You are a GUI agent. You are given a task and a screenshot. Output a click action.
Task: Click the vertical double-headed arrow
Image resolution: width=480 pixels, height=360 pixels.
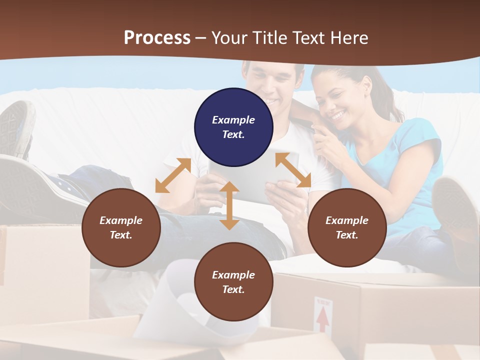pyautogui.click(x=229, y=205)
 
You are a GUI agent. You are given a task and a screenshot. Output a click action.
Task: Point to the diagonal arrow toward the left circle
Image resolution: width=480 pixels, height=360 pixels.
pyautogui.click(x=173, y=175)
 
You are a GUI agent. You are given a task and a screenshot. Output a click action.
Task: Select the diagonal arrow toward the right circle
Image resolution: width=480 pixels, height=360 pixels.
pyautogui.click(x=293, y=170)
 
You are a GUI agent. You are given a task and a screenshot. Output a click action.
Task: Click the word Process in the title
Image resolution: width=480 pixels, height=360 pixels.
pyautogui.click(x=157, y=37)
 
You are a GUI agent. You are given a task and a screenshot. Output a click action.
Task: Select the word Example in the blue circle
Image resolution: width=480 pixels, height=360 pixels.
pyautogui.click(x=233, y=120)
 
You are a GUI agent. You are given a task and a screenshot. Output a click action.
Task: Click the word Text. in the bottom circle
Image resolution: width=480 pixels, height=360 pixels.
pyautogui.click(x=233, y=289)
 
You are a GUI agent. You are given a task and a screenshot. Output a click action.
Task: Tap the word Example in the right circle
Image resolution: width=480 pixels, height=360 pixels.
pyautogui.click(x=347, y=220)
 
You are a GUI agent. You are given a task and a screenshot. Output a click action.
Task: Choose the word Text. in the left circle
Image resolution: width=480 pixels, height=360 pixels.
pyautogui.click(x=121, y=235)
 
